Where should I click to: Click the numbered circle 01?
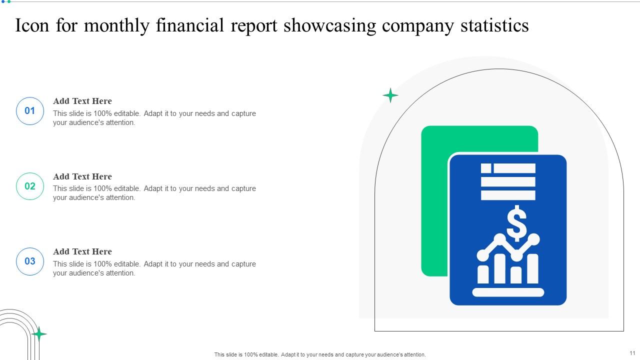pos(30,111)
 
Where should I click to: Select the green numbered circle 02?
pos(30,186)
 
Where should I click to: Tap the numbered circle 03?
pos(30,261)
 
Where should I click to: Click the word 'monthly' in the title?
pos(116,26)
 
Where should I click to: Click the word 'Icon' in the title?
pos(32,26)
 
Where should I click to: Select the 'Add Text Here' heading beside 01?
pos(82,101)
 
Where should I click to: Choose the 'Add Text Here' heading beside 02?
pos(82,176)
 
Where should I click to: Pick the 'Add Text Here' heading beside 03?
pos(82,251)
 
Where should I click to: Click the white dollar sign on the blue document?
pos(516,223)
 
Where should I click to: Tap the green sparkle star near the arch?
pos(390,95)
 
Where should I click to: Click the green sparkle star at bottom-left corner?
pos(38,333)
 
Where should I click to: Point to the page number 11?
pos(632,353)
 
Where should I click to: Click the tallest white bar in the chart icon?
pos(532,268)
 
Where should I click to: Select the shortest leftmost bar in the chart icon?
pos(483,274)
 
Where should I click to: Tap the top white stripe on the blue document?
pos(514,168)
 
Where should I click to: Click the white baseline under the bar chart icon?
pos(508,292)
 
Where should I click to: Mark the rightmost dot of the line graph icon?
pos(534,239)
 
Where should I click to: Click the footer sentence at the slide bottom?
pos(320,354)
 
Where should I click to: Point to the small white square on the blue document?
pos(486,168)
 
